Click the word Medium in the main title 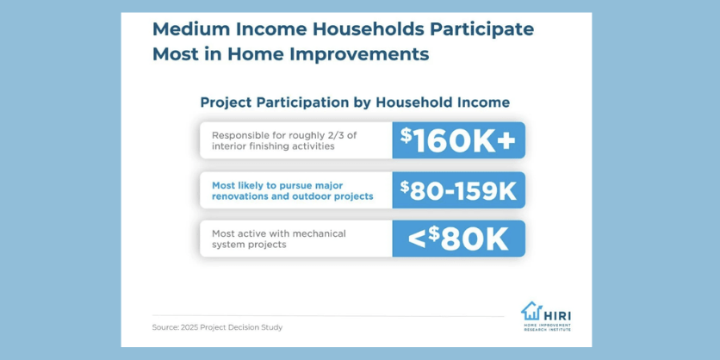183,30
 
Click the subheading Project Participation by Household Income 355,102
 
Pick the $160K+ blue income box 459,140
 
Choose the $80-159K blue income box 459,190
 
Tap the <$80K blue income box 459,239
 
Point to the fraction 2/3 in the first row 354,136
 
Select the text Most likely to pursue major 278,185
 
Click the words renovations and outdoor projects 293,196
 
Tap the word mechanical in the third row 318,233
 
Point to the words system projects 249,245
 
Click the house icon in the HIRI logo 531,311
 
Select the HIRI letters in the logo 557,315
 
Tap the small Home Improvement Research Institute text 548,327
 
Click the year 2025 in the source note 189,328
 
